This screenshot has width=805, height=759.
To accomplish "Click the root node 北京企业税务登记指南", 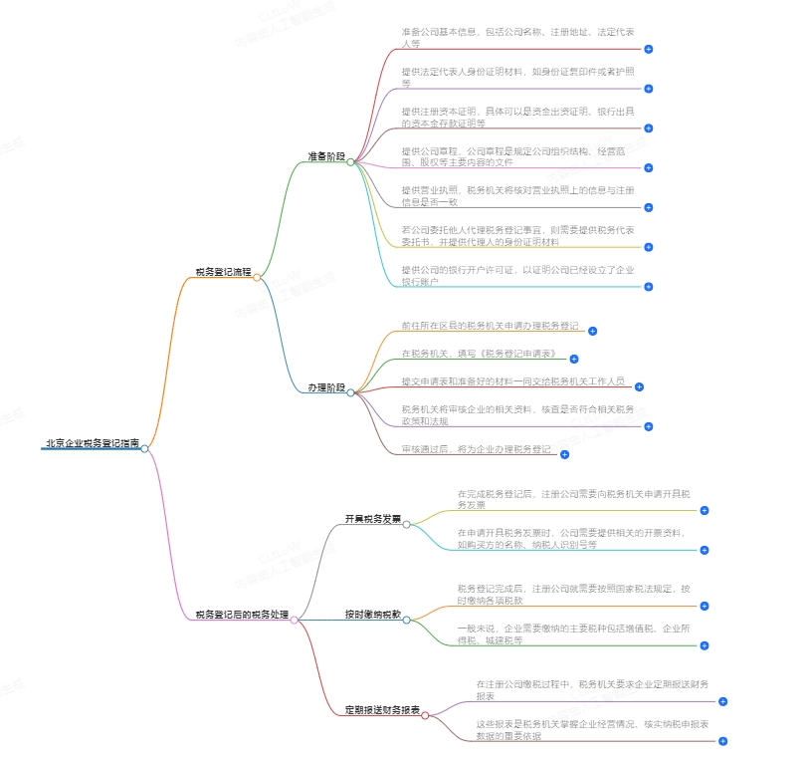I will (91, 443).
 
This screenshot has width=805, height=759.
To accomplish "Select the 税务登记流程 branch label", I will (223, 271).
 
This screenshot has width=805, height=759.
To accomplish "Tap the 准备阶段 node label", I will (326, 157).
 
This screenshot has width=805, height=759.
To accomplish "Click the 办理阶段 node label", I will (326, 387).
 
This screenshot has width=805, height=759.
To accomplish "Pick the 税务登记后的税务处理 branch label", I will (242, 616).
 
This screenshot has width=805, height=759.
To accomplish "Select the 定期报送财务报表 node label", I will (382, 710).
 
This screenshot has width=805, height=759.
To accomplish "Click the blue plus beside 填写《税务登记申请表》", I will (573, 359).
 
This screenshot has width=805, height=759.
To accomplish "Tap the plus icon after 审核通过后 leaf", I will (564, 454).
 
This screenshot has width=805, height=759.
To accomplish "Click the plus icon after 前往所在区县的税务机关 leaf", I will (592, 330).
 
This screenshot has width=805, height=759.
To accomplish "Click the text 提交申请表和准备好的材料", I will (512, 380).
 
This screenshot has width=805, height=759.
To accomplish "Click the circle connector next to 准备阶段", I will (350, 161).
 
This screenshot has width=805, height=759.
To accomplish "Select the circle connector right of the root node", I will (145, 448).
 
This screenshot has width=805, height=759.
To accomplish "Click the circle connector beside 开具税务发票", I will (407, 523).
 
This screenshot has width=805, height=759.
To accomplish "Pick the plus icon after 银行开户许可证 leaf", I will (648, 287).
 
